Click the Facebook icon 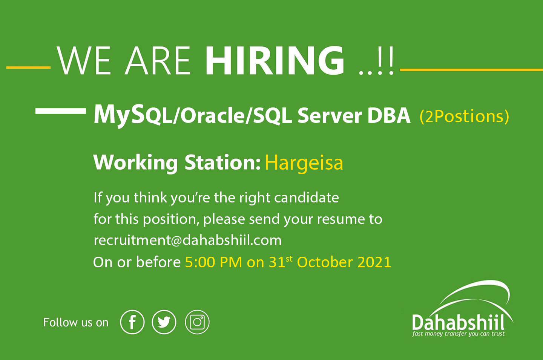coord(132,322)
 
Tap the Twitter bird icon coord(164,322)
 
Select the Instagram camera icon coord(197,322)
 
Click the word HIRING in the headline coord(275,60)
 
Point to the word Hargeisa coord(304,163)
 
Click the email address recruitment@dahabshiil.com coord(188,241)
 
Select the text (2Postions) coord(464,116)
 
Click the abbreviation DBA coord(389,116)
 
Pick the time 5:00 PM coord(213,262)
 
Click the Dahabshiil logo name coord(458,322)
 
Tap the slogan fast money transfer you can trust coord(459,334)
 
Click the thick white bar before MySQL coord(61,111)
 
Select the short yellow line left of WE coord(28,67)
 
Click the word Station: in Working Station coord(222,162)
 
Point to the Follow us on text coord(76,323)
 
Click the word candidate coord(307,198)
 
